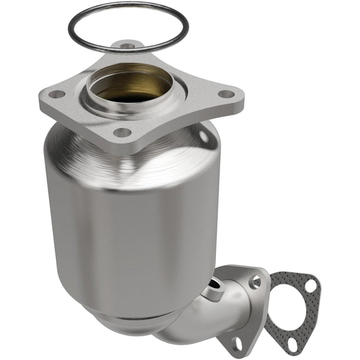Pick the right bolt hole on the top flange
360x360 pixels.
click(x=225, y=94)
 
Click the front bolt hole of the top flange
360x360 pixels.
click(x=122, y=132)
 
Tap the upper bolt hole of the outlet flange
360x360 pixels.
click(x=256, y=281)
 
